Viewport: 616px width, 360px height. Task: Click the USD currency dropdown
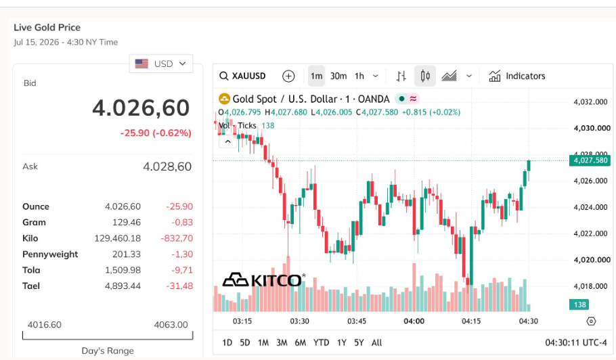click(161, 64)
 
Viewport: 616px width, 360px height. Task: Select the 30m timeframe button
click(338, 76)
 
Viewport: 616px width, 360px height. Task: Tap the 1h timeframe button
click(359, 76)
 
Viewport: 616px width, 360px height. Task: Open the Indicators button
click(517, 76)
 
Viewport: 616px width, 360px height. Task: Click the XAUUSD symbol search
click(242, 76)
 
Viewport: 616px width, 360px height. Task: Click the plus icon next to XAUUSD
click(288, 76)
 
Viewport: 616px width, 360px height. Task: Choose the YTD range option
click(321, 342)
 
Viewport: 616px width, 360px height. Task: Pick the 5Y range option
click(359, 342)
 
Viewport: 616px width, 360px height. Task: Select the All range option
click(376, 342)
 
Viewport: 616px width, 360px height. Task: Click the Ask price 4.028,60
click(167, 166)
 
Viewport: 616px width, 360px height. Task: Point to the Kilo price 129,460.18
click(118, 238)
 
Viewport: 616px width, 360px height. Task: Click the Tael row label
click(31, 286)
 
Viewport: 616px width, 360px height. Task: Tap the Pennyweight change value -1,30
click(182, 254)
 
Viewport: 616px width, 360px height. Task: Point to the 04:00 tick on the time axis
click(414, 321)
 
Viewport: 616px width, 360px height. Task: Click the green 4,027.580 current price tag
click(590, 160)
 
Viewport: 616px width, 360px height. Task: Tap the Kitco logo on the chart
click(263, 280)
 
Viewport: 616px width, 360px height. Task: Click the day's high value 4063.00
click(171, 325)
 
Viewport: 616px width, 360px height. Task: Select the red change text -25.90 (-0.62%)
click(156, 133)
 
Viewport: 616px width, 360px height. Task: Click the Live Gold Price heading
click(47, 28)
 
